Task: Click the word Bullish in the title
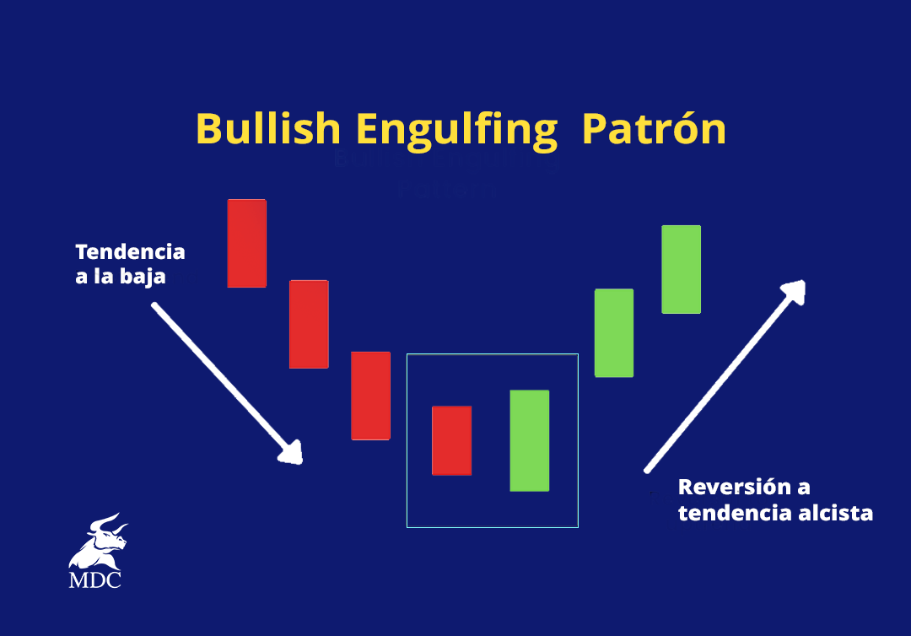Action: (x=267, y=129)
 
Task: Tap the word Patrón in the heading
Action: (x=654, y=129)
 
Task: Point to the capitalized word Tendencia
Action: (x=130, y=251)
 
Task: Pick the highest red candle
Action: (x=246, y=243)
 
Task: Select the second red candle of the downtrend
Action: (x=309, y=324)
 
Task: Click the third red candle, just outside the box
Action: (x=370, y=395)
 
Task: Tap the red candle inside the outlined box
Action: (x=451, y=440)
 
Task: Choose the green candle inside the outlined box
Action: (x=530, y=440)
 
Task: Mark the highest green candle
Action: (x=681, y=269)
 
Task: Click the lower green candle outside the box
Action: (x=614, y=332)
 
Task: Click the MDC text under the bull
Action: (x=94, y=580)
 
